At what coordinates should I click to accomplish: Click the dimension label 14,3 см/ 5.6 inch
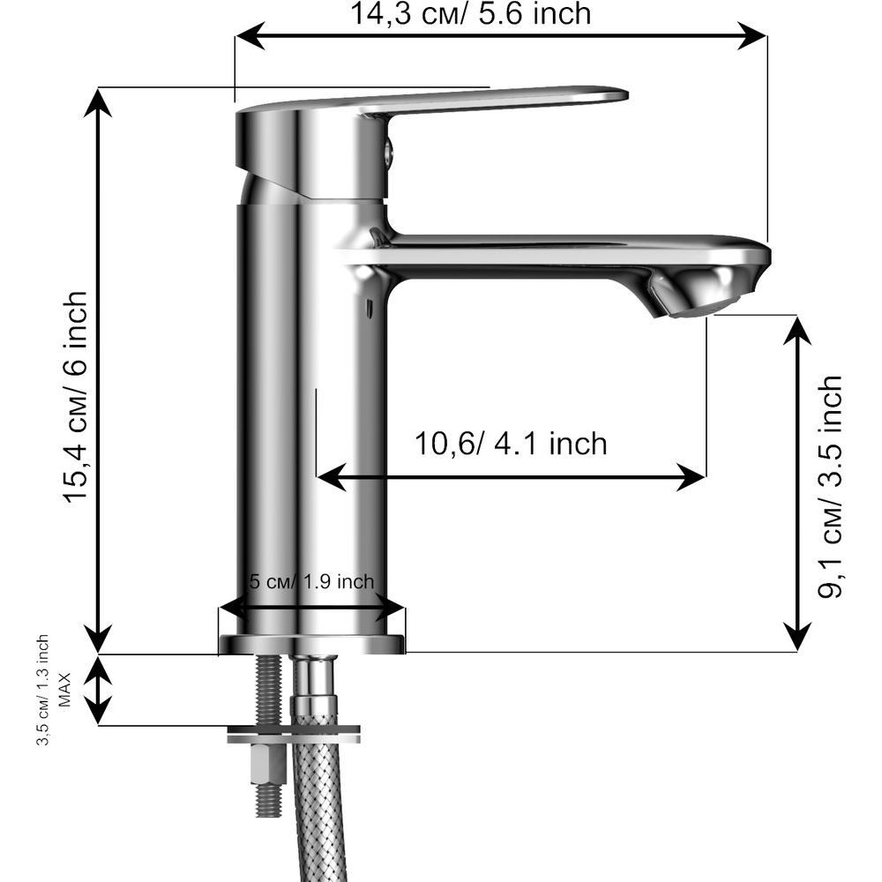point(471,13)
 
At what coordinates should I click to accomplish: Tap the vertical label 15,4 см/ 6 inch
point(76,397)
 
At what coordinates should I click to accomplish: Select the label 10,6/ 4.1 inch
point(511,444)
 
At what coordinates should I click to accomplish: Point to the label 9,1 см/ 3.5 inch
point(829,488)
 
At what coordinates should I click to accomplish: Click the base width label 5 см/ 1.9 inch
point(311,581)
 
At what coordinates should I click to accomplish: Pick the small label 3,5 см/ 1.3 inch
point(43,691)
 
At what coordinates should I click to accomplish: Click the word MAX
point(65,690)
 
